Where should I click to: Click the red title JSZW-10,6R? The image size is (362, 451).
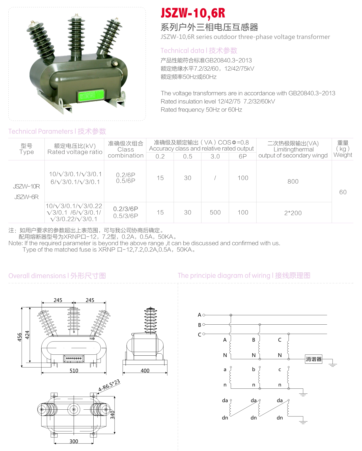tap(193, 13)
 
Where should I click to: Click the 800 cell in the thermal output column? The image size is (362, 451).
tap(293, 182)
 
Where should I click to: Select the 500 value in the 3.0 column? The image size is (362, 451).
tap(215, 213)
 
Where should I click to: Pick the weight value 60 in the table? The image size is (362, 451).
tap(343, 192)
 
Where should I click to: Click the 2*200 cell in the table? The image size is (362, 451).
tap(293, 213)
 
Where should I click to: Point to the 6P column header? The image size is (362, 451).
tap(243, 157)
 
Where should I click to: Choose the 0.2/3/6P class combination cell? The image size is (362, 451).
tap(126, 209)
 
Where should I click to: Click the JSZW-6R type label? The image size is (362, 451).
tap(26, 197)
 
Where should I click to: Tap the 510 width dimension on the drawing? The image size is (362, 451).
tap(74, 371)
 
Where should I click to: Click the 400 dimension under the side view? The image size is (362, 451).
tap(145, 371)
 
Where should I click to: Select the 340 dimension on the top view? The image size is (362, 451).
tap(113, 415)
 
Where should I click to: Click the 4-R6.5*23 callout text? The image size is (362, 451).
tap(109, 386)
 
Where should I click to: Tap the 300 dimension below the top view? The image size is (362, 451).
tap(74, 441)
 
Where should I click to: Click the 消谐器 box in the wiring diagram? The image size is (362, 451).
tap(314, 359)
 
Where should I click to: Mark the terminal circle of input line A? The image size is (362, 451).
tap(204, 315)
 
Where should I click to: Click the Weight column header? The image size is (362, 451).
tap(343, 155)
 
